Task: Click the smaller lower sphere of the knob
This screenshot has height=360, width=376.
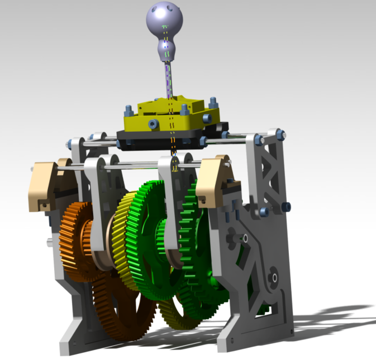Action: pyautogui.click(x=165, y=50)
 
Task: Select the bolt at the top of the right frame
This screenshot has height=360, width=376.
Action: pyautogui.click(x=279, y=134)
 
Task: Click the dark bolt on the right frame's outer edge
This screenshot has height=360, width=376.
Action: pyautogui.click(x=287, y=208)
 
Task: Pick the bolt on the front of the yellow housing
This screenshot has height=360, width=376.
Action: pyautogui.click(x=207, y=118)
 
